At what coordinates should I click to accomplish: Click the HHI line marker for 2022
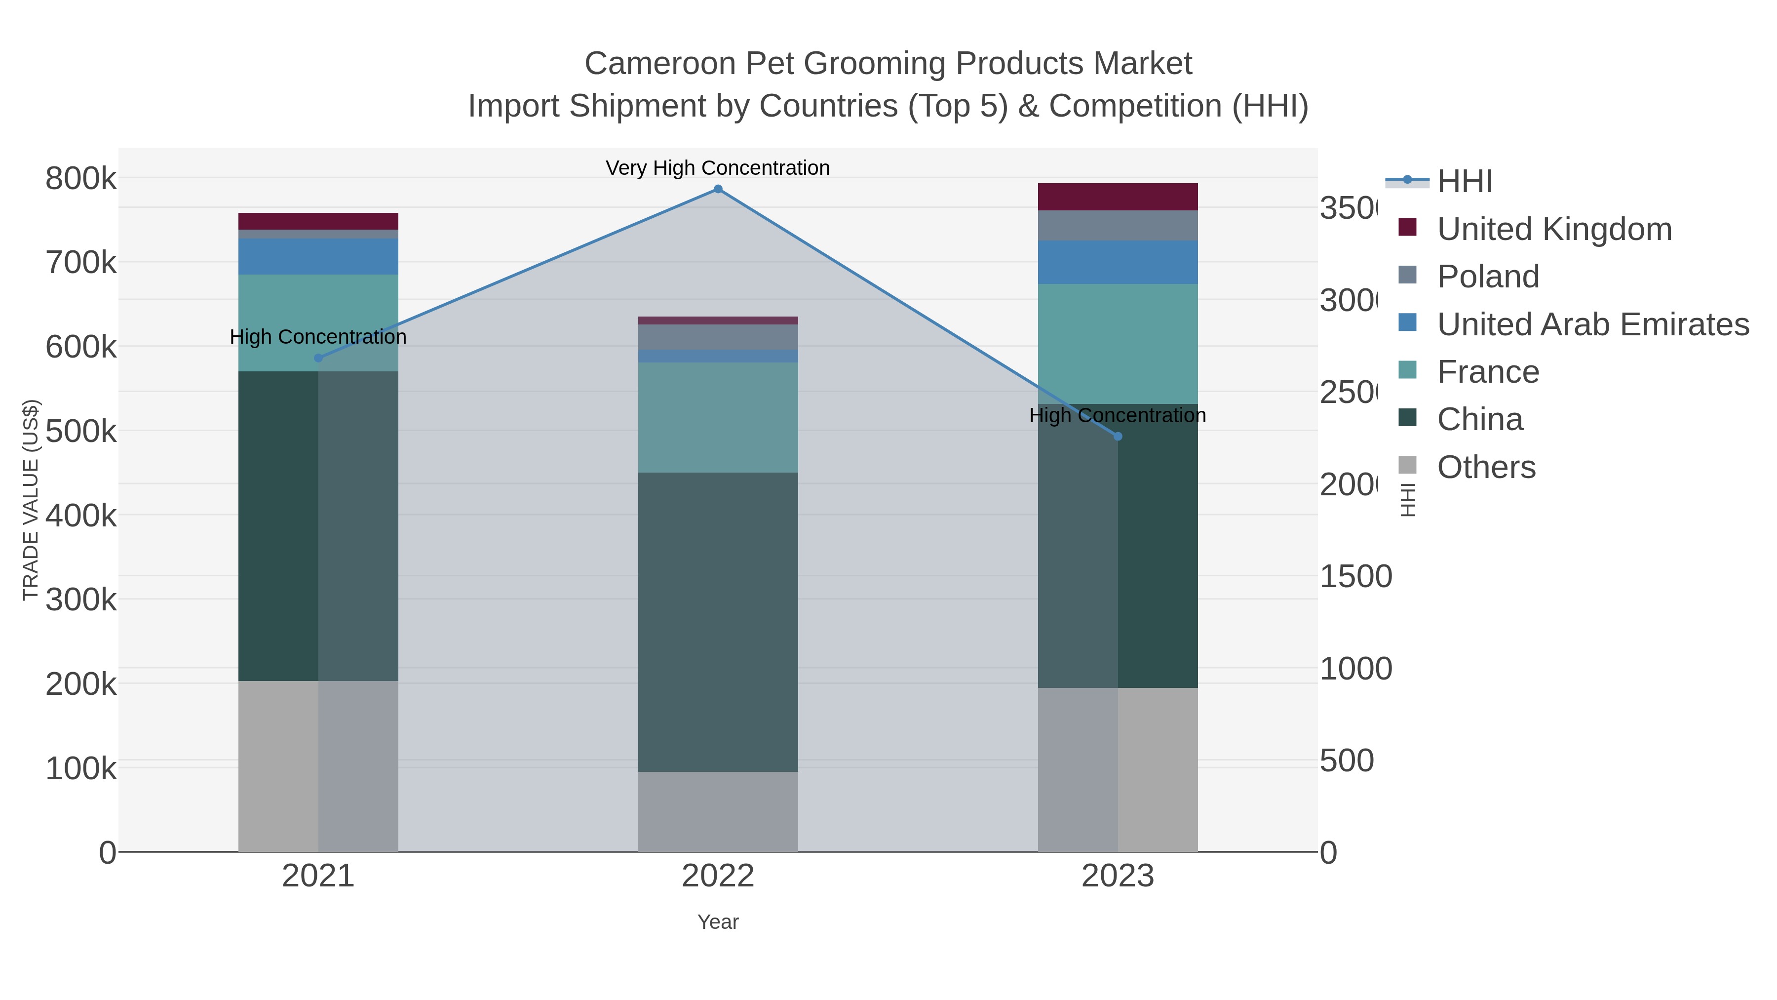pos(717,189)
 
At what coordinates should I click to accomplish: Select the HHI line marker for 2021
pos(318,358)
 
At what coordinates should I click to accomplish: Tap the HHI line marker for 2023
pos(1118,436)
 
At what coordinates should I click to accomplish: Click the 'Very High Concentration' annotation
pos(717,168)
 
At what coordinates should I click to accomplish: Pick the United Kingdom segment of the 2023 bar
pos(1118,197)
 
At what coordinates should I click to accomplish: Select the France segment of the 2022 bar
pos(717,417)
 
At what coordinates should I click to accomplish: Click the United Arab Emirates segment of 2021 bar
pos(318,257)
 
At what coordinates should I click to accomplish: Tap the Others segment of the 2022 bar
pos(717,811)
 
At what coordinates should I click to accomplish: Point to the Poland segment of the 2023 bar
pos(1118,226)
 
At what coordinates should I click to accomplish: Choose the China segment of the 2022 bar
pos(717,621)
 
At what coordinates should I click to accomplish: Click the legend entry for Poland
pos(1487,277)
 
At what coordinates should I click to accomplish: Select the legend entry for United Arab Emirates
pos(1592,324)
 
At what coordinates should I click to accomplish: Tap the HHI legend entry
pos(1464,182)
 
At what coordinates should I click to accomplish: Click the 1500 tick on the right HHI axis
pos(1355,577)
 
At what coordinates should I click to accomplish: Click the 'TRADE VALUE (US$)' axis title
pos(30,500)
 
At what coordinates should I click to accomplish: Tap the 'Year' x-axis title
pos(717,922)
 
